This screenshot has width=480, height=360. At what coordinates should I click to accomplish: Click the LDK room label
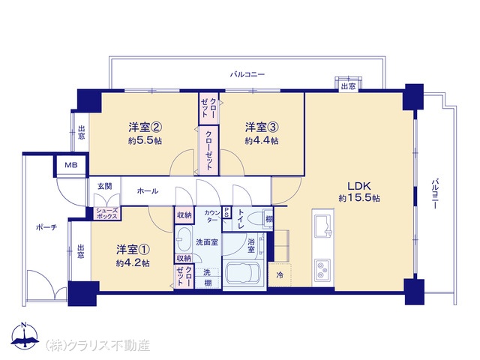(x=359, y=186)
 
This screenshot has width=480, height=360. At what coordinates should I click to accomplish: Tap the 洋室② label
(x=145, y=127)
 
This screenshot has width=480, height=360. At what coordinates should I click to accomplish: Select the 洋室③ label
(x=262, y=127)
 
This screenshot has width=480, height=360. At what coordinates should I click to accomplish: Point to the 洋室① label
(x=133, y=250)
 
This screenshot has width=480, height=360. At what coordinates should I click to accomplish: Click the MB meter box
(x=71, y=165)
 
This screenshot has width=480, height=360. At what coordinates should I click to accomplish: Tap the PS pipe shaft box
(x=226, y=211)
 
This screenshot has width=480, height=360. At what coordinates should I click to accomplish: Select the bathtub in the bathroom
(x=243, y=274)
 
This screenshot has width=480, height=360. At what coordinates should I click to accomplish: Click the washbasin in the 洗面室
(x=184, y=239)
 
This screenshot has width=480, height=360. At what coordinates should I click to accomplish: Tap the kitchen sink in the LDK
(x=323, y=226)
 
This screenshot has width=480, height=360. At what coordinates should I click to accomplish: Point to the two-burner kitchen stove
(x=322, y=270)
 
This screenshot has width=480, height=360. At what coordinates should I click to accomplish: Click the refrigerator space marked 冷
(x=280, y=274)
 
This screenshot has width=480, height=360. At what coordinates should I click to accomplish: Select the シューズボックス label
(x=107, y=213)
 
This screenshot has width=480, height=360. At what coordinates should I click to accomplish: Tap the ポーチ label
(x=46, y=227)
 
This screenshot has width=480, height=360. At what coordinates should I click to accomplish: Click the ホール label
(x=148, y=191)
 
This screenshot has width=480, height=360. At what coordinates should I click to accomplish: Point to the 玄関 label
(x=105, y=186)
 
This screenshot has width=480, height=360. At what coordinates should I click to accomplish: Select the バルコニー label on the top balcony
(x=247, y=74)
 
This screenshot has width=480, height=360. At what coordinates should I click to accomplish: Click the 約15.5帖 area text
(x=359, y=198)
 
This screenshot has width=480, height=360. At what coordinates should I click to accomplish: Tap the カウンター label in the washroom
(x=212, y=216)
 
